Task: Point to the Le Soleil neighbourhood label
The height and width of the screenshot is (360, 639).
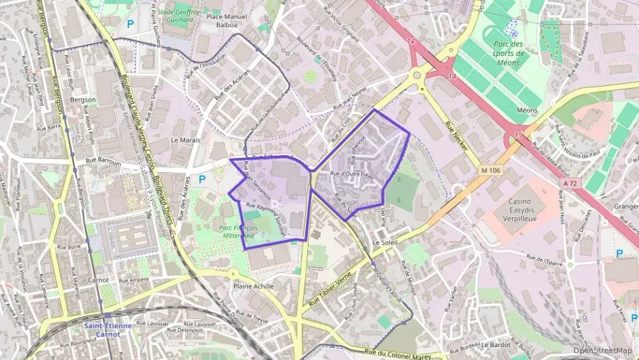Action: tap(386, 243)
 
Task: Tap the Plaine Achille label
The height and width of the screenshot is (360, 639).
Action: tap(253, 287)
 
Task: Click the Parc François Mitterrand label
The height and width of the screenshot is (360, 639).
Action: tap(247, 231)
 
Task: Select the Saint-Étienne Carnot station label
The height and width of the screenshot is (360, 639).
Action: tap(109, 330)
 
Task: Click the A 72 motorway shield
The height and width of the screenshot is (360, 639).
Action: tap(571, 183)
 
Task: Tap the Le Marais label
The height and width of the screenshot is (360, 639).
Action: tap(184, 139)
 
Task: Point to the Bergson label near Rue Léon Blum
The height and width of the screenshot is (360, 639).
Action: tap(83, 100)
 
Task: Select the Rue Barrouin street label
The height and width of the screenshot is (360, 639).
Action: tap(103, 163)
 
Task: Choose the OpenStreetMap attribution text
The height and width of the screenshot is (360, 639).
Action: tap(602, 350)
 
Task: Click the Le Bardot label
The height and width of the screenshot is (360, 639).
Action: tap(496, 345)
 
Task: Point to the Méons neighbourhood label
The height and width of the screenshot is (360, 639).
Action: tap(527, 110)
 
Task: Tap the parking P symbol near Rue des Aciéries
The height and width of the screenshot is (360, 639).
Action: tap(202, 179)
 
